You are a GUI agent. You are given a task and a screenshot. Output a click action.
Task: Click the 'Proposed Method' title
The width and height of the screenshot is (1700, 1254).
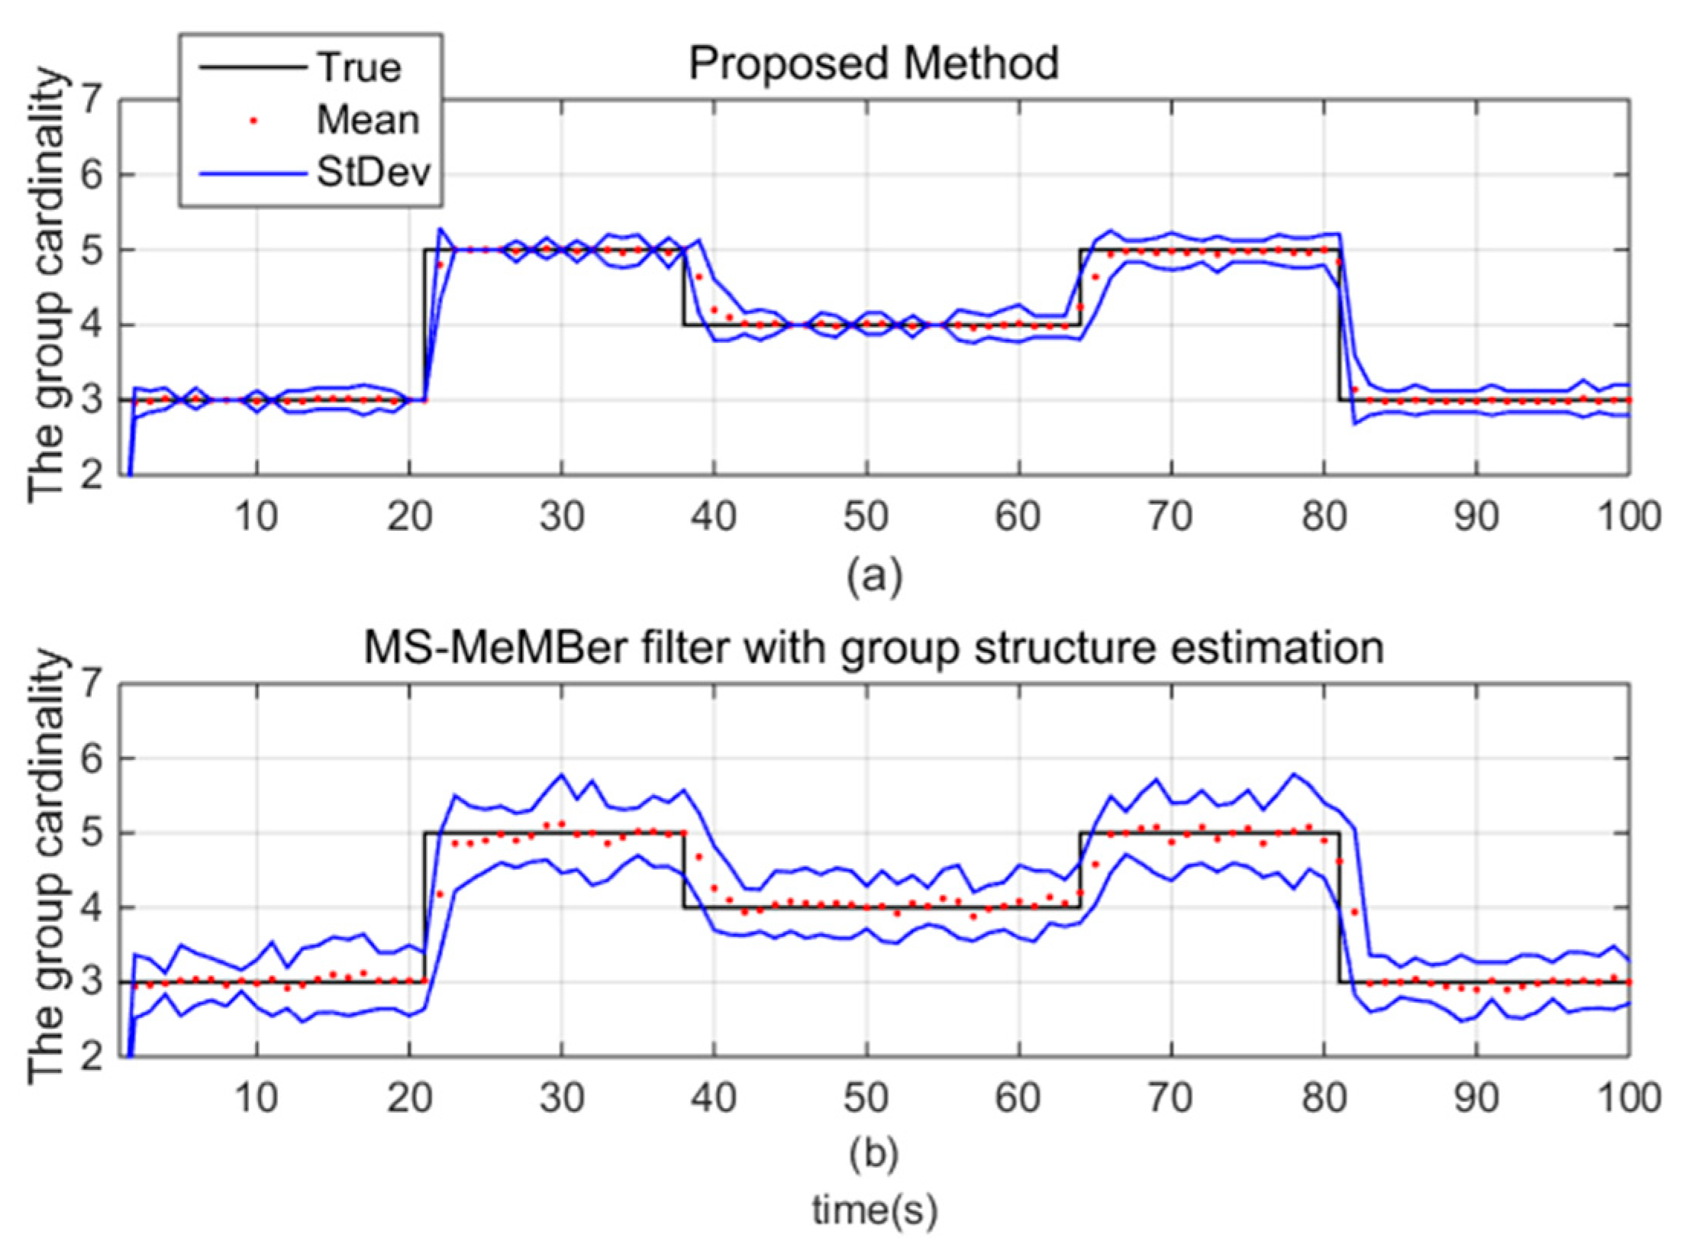click(873, 64)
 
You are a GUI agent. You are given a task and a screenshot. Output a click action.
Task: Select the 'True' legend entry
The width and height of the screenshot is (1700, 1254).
click(359, 68)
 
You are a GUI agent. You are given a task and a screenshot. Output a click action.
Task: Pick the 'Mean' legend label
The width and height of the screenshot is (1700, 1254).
click(368, 120)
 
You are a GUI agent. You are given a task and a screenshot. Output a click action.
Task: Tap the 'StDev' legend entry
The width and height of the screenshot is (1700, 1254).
click(373, 173)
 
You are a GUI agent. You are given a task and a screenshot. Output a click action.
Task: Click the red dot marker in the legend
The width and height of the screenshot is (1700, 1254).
click(253, 121)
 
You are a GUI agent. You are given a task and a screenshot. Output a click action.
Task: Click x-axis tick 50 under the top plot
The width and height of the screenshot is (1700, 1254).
click(866, 517)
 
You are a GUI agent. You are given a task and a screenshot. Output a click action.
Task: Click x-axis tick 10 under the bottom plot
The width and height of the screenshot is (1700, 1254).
click(256, 1098)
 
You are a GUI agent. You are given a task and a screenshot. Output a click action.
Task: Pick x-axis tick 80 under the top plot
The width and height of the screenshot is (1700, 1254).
click(1323, 517)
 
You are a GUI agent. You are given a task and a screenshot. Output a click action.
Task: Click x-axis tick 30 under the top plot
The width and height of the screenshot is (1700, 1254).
click(561, 517)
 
